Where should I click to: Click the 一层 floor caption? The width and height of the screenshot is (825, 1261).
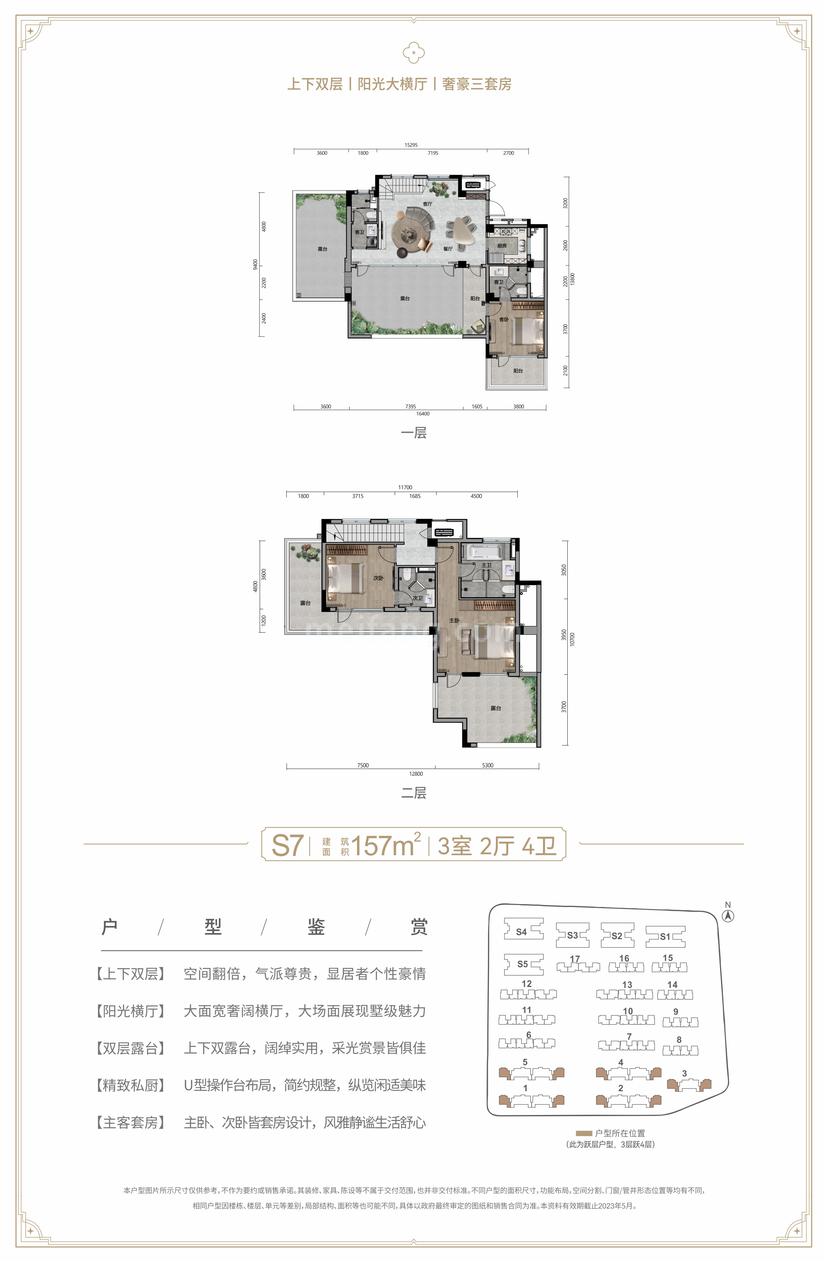414,433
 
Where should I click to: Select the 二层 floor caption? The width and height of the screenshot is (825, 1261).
414,793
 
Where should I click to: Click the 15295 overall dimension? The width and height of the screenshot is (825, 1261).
411,145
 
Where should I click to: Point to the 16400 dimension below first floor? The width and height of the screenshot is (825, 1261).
423,414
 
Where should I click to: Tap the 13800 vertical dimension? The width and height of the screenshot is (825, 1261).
572,279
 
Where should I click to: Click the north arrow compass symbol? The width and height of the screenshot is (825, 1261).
728,915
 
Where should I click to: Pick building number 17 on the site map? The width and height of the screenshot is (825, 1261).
575,959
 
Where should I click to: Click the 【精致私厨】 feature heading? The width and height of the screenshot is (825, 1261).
130,1085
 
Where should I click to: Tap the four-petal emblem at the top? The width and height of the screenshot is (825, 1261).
414,53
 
